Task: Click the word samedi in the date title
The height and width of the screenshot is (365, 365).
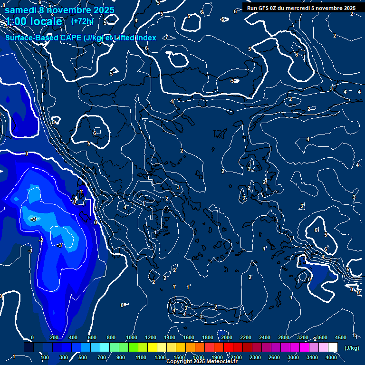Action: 24,10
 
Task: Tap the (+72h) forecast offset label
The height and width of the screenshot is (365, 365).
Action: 82,21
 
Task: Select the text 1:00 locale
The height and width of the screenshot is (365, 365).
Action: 34,21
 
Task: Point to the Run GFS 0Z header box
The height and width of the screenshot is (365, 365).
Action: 301,8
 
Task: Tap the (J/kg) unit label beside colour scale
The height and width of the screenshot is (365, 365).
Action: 352,348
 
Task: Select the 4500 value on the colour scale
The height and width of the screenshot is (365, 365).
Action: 341,337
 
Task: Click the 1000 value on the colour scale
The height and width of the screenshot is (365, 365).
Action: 132,337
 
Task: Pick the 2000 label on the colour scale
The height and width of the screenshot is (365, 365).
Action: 227,337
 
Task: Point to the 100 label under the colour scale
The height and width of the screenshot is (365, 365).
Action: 45,357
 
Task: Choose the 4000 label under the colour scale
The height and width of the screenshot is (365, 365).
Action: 331,357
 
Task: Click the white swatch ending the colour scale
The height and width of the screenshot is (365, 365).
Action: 333,347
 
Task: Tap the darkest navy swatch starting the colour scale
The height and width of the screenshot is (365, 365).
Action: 29,347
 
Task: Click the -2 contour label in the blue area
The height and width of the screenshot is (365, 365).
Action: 41,240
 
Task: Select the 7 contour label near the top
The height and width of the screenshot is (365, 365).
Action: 166,37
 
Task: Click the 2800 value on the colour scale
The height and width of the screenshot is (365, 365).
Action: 284,337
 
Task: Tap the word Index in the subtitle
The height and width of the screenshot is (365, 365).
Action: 146,38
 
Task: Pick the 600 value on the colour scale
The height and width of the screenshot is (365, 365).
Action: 92,337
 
